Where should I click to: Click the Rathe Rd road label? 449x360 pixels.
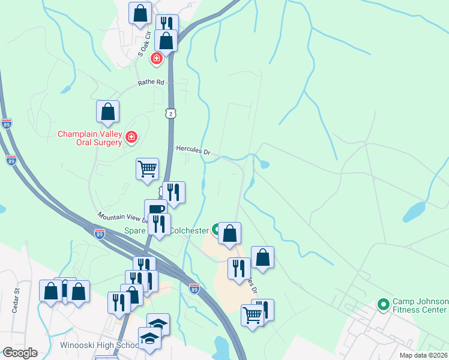coord(151,82)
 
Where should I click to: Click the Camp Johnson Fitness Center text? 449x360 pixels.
coord(420,305)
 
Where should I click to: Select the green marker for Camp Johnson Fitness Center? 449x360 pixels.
coord(383,305)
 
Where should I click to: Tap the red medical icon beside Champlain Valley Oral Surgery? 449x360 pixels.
coord(131,139)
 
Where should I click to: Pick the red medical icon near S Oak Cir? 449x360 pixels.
coord(157,58)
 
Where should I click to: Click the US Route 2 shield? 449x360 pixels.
coord(172,113)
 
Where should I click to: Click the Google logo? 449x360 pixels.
coord(20,353)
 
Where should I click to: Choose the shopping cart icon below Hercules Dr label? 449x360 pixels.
coord(147,169)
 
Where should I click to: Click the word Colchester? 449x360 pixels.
coord(188,230)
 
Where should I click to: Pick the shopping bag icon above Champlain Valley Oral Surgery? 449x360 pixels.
coord(107,111)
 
